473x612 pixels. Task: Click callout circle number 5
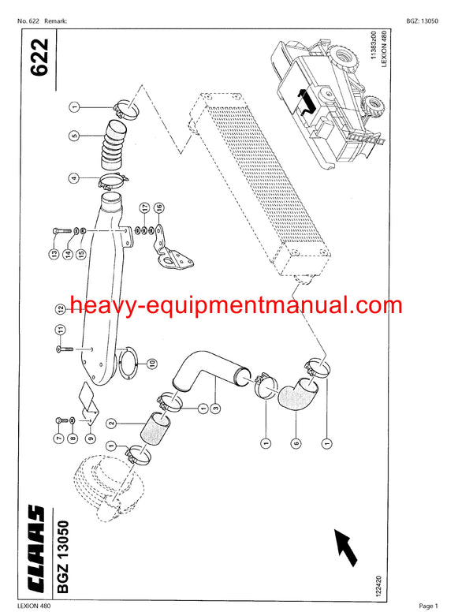74,136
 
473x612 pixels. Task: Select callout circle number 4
74,178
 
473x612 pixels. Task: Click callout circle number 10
152,363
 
